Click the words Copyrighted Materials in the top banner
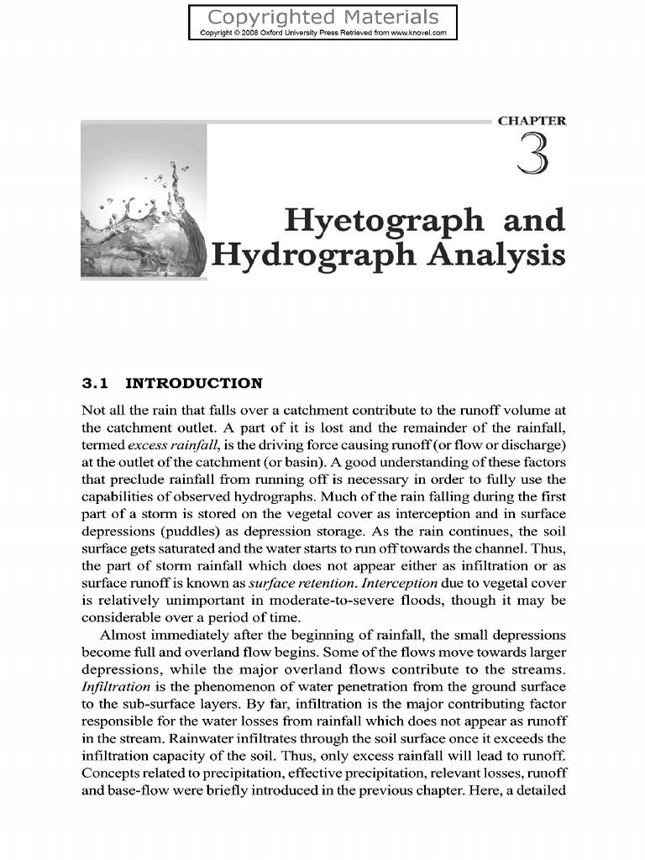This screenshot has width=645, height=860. pos(322,17)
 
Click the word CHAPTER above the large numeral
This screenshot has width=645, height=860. pos(532,121)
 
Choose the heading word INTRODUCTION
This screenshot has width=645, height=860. pos(193,384)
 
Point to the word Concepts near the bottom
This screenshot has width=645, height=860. pos(112,773)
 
